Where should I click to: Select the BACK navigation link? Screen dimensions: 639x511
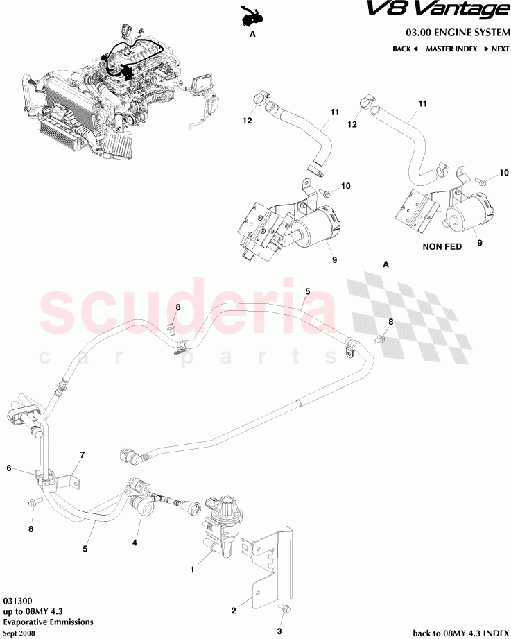click(405, 49)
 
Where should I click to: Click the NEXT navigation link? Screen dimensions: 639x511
click(496, 49)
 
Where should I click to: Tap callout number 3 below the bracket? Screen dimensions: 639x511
click(279, 631)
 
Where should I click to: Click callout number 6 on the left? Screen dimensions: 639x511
click(10, 468)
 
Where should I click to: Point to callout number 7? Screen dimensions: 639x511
click(82, 455)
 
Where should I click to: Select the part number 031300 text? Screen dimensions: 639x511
click(17, 600)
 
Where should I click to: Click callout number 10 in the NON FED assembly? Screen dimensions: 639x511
click(503, 172)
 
